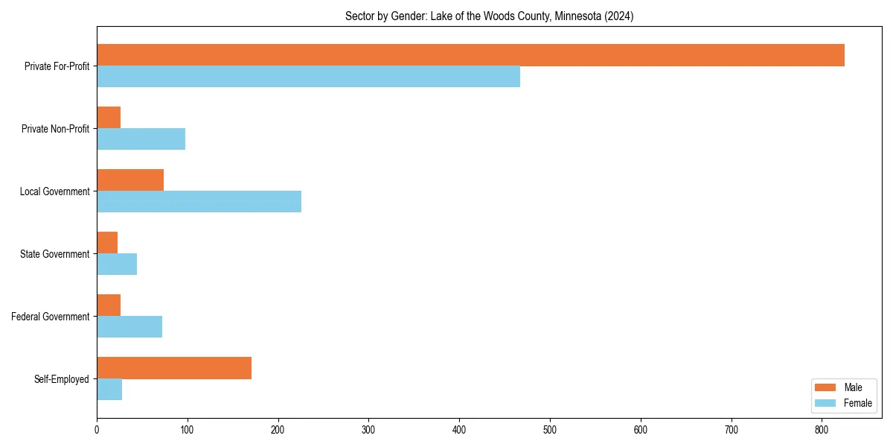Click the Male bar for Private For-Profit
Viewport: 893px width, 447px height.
click(x=470, y=55)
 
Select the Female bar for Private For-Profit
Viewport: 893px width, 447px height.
click(x=308, y=77)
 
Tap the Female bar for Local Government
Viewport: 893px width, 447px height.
click(x=199, y=202)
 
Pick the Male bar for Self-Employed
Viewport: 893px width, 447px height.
click(x=174, y=368)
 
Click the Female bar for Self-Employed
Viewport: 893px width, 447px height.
click(x=109, y=390)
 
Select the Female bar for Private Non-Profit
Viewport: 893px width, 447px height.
click(x=141, y=139)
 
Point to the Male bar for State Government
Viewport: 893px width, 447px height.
click(x=107, y=243)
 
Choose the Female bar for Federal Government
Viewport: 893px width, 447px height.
click(x=129, y=327)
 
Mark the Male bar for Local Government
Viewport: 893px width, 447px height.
click(x=130, y=180)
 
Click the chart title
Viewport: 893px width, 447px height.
click(x=489, y=16)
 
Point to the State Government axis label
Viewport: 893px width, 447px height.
click(x=54, y=254)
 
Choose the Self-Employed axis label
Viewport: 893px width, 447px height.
click(x=61, y=379)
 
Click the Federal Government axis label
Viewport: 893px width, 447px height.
click(x=50, y=317)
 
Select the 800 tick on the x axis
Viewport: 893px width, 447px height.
click(x=822, y=430)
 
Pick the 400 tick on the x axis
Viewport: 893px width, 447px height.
click(x=459, y=430)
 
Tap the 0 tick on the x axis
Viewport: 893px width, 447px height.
click(x=97, y=430)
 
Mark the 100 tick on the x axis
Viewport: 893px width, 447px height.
click(x=188, y=430)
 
